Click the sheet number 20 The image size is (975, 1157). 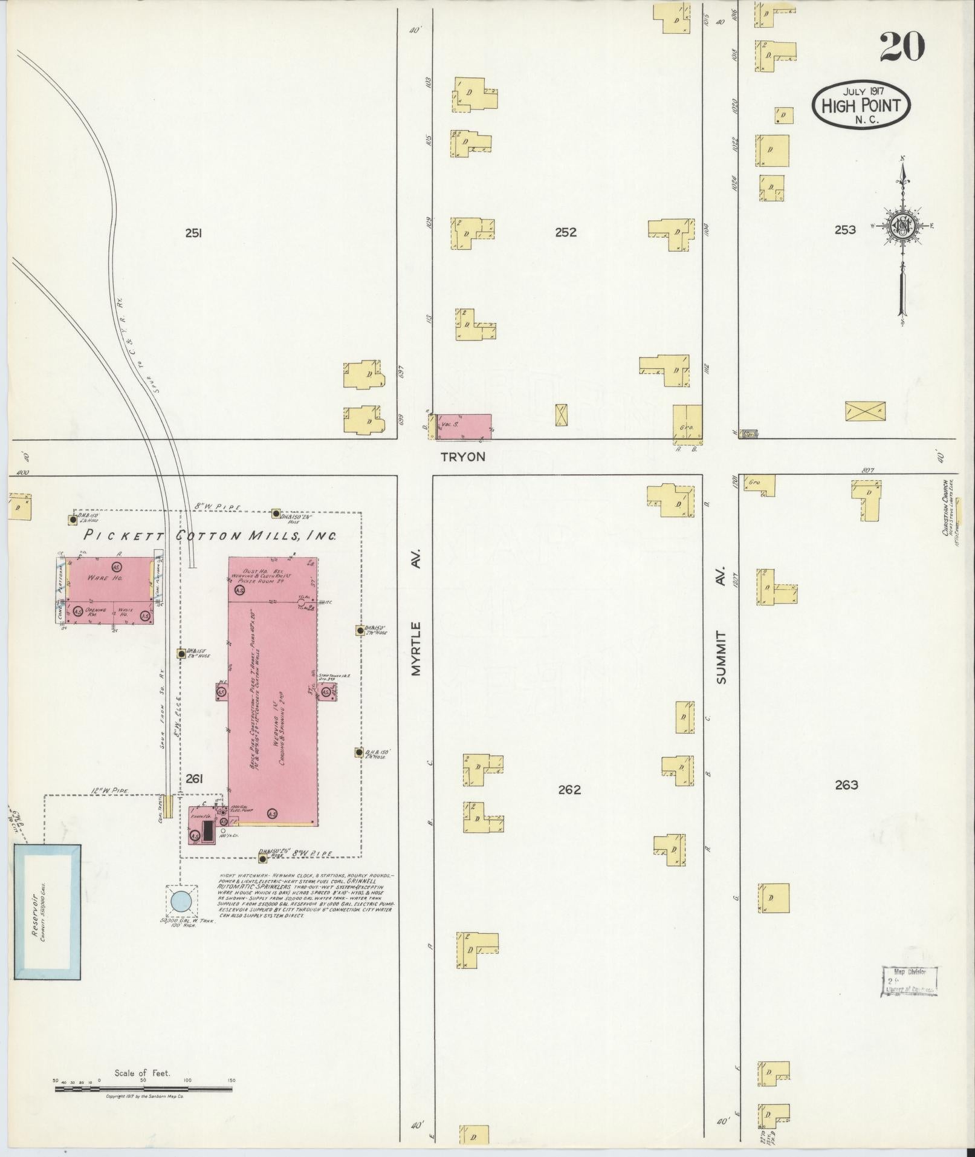point(902,47)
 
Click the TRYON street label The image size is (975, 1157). point(463,457)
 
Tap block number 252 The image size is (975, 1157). point(566,232)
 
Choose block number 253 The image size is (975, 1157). point(844,230)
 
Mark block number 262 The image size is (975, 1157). point(569,789)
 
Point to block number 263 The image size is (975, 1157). point(846,785)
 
